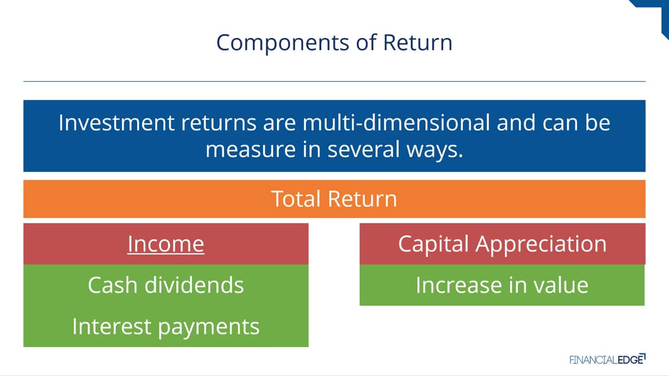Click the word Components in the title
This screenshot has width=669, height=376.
click(283, 43)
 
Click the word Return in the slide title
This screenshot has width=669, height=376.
click(418, 43)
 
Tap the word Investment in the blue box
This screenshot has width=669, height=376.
click(117, 123)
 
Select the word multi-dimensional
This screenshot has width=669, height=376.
click(396, 123)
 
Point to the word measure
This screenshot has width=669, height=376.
click(250, 149)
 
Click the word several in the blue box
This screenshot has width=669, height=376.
click(363, 149)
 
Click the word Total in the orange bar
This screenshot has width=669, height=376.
click(296, 199)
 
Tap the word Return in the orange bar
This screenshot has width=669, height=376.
click(362, 199)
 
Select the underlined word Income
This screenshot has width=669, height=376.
click(166, 245)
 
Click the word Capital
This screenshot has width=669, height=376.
click(433, 245)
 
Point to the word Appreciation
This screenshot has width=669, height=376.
click(541, 245)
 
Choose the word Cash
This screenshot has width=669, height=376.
click(113, 285)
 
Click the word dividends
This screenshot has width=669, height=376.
click(194, 285)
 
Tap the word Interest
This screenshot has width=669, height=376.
click(111, 326)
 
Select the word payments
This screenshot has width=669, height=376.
click(209, 328)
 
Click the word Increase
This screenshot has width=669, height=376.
click(458, 285)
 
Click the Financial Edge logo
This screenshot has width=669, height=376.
click(608, 359)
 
